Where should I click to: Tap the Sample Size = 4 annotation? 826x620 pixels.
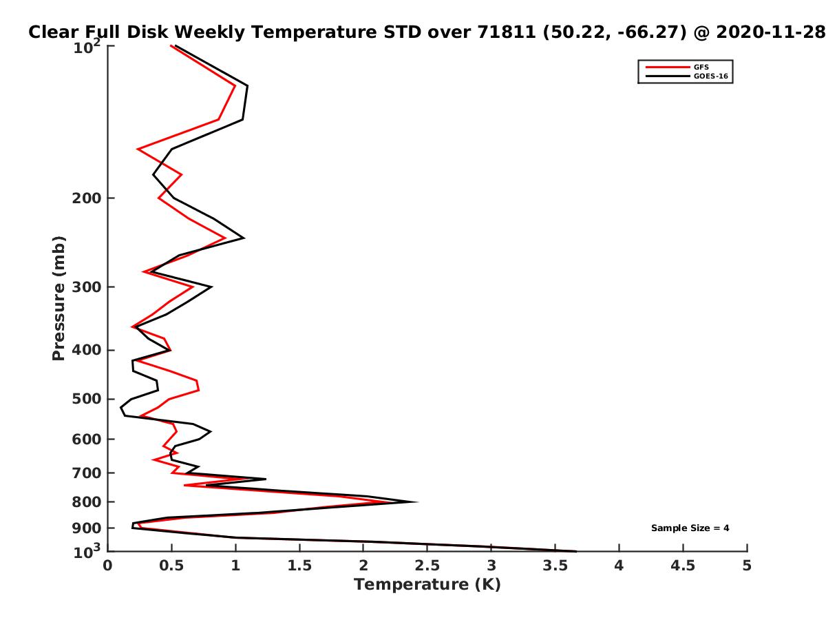690,528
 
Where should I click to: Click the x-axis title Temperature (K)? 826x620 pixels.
427,584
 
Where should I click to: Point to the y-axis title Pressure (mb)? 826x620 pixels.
59,298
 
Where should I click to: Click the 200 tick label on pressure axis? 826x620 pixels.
87,198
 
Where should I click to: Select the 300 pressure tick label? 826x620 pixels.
87,287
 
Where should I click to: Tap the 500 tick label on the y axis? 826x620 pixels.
87,399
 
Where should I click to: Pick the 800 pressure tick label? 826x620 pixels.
87,502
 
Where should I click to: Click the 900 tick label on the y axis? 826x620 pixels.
87,528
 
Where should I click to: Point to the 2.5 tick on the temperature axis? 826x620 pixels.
427,566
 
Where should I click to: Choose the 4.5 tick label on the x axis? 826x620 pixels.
683,566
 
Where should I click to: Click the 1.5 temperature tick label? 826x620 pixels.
299,566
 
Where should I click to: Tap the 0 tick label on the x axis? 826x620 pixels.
107,566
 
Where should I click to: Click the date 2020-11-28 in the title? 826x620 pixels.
770,32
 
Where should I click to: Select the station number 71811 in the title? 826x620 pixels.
507,32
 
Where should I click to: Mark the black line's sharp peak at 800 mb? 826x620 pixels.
416,502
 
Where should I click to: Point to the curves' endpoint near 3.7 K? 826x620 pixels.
576,552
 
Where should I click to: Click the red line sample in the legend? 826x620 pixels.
668,67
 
